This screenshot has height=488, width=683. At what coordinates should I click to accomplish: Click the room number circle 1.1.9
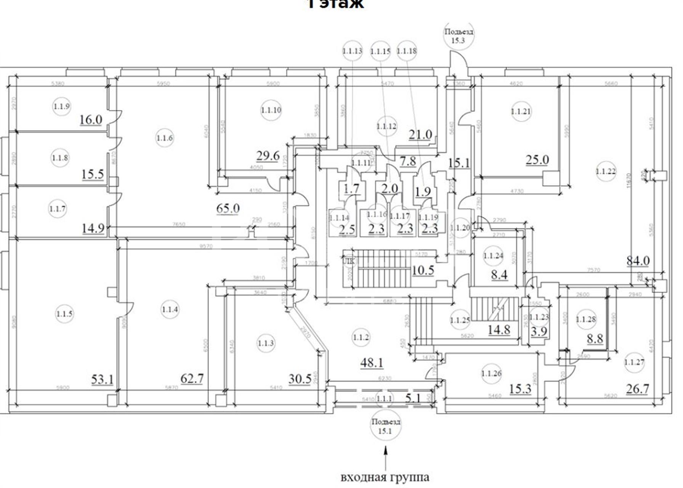coord(61,106)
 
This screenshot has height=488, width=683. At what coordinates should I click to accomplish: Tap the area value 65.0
coord(228,209)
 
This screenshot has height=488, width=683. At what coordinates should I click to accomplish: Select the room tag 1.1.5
coord(64,314)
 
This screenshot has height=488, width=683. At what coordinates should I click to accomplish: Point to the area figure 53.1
coord(102,379)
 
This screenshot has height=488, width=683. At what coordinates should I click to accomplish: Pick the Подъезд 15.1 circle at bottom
coord(386,426)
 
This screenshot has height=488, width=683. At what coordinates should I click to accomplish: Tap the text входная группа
coord(385,477)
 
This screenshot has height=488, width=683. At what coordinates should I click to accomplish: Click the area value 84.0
coord(638,261)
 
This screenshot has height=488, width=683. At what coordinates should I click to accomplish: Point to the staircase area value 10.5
coord(423,270)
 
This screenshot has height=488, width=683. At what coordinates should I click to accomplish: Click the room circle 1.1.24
coord(493,255)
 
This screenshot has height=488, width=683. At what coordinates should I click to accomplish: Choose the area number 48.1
coord(372,362)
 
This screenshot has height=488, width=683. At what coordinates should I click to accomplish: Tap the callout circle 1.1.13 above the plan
coord(352,51)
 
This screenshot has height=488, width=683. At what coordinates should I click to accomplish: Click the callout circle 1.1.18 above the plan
coord(407,51)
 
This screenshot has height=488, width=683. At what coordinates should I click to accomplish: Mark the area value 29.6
coord(268,156)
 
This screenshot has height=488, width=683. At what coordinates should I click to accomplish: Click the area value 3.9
coord(539,331)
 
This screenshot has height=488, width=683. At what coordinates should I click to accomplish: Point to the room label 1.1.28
coord(586,319)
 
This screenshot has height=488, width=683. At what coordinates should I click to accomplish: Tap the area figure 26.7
coord(637,389)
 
